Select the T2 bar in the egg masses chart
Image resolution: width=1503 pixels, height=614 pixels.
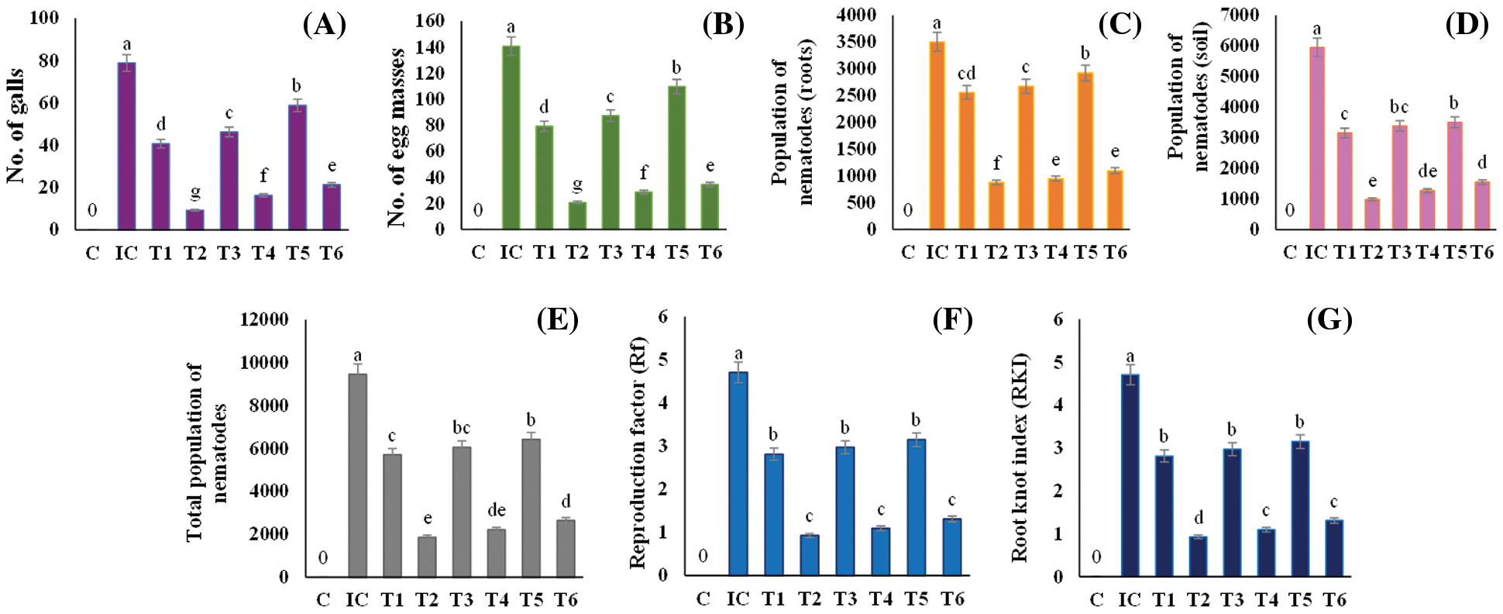[x=577, y=216]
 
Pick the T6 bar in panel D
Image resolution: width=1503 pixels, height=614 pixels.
[x=1481, y=205]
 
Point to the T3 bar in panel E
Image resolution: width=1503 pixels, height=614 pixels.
[x=461, y=512]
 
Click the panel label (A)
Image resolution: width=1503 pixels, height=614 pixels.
[x=324, y=25]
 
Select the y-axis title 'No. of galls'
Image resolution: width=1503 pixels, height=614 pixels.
[x=15, y=126]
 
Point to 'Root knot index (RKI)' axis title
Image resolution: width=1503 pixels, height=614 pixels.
[x=1020, y=457]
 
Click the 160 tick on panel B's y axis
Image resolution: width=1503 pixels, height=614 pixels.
[x=430, y=21]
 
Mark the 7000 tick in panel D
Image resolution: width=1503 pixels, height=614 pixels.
[x=1239, y=14]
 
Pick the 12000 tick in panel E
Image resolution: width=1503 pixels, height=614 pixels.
[x=264, y=319]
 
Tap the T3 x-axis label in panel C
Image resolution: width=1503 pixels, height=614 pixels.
[x=1026, y=252]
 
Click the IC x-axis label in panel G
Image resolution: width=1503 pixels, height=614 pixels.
[x=1130, y=599]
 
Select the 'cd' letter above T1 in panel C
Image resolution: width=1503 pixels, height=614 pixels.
[x=966, y=74]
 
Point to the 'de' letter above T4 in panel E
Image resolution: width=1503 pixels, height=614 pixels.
[x=497, y=510]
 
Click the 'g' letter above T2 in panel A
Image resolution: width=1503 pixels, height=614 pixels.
[x=195, y=191]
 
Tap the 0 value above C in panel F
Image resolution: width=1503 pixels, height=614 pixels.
[x=703, y=555]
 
